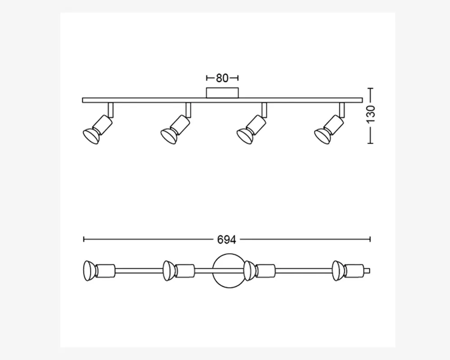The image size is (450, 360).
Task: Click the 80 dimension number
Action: click(x=222, y=78)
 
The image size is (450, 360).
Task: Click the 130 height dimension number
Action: click(x=371, y=114)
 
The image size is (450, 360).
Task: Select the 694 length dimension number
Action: click(x=226, y=240)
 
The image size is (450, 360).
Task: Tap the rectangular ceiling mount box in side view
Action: click(x=222, y=93)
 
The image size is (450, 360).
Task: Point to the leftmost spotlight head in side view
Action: click(x=98, y=130)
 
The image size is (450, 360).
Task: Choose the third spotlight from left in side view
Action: click(x=252, y=130)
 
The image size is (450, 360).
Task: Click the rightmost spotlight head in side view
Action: click(x=329, y=130)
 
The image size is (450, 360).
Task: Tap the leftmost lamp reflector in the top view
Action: click(x=89, y=271)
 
